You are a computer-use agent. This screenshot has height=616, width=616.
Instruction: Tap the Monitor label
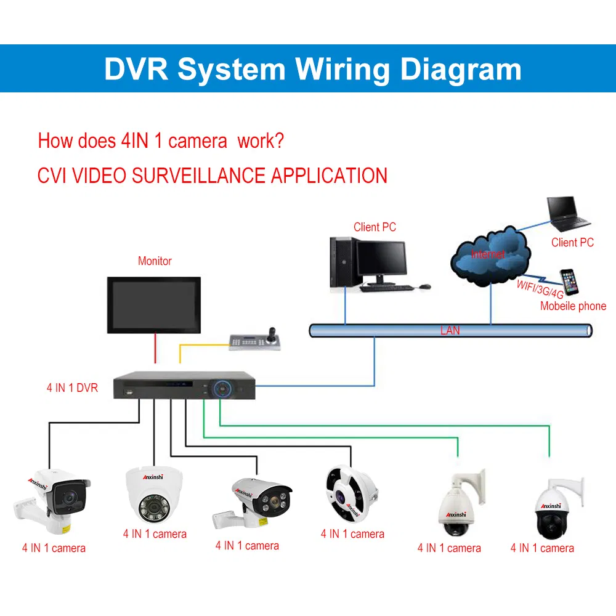pyautogui.click(x=155, y=261)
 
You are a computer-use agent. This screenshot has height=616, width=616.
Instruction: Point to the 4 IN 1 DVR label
pyautogui.click(x=72, y=388)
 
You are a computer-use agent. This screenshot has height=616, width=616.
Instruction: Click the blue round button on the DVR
pyautogui.click(x=222, y=388)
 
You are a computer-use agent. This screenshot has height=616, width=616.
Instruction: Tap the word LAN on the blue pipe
pyautogui.click(x=450, y=331)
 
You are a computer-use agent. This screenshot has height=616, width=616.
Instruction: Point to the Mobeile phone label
pyautogui.click(x=573, y=306)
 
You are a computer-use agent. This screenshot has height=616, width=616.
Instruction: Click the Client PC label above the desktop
pyautogui.click(x=375, y=227)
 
